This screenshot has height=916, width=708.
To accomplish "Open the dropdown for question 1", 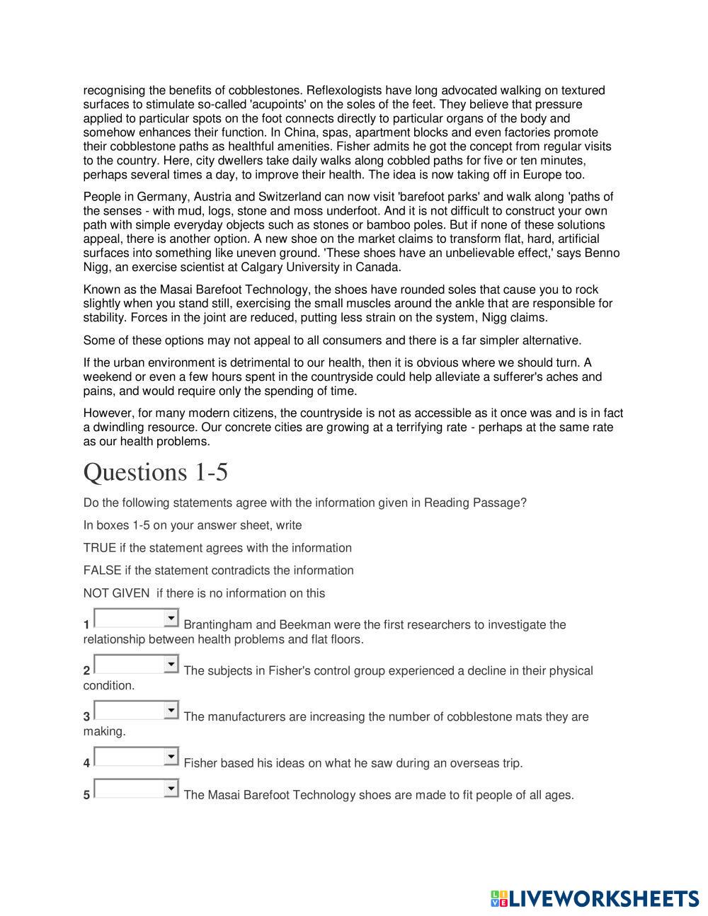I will (137, 618).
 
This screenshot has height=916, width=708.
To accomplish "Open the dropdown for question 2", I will (137, 664).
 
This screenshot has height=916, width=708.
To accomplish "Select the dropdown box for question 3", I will (137, 710).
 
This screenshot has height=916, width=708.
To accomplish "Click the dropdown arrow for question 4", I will (171, 757).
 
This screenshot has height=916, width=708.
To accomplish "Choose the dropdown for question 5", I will (137, 788).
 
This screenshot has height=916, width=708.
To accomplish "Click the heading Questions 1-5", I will (156, 472).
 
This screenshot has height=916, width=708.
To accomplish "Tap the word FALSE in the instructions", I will (102, 571).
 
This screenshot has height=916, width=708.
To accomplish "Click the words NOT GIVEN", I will (116, 593).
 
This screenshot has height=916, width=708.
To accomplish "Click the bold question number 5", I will (86, 795).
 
